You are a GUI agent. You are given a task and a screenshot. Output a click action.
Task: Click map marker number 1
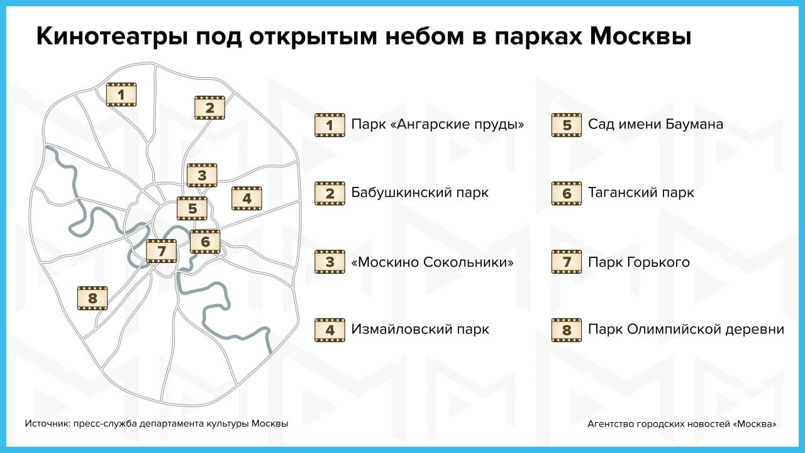point(121,94)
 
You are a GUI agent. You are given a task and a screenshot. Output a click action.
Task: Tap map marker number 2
point(210,108)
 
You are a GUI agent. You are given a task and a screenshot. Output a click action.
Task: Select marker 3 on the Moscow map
point(202,176)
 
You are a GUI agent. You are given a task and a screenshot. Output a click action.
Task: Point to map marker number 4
point(247,198)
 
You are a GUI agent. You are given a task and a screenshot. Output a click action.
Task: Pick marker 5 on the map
point(192,208)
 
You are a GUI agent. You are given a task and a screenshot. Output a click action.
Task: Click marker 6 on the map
point(205,242)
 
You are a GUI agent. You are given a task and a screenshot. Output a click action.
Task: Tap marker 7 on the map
point(162,251)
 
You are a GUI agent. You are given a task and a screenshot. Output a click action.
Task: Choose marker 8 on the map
point(92,298)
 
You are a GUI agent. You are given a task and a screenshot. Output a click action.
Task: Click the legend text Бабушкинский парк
point(419,193)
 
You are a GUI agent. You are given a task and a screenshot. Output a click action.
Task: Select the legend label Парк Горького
point(638,262)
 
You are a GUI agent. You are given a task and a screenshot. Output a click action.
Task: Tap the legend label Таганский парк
point(641,193)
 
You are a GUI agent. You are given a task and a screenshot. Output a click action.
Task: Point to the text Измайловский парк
point(420,329)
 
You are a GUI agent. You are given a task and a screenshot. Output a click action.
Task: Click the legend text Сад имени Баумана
point(655,124)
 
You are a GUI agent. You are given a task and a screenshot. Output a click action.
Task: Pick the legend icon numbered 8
point(567,330)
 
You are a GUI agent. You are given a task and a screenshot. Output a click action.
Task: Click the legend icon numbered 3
point(330,262)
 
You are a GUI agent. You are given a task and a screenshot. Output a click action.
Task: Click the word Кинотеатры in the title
point(112,36)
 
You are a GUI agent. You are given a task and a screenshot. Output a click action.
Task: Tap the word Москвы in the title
point(640,36)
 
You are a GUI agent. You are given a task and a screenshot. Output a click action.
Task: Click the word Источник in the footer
point(47,423)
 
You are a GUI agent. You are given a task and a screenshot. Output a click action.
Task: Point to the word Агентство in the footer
point(611,424)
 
